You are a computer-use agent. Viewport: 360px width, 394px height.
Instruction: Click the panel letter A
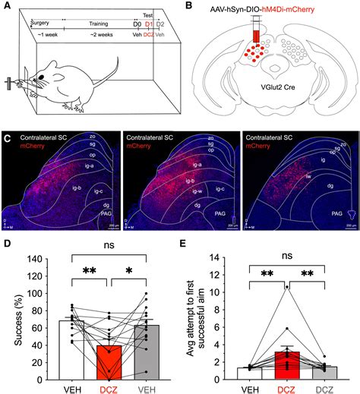coord(6,7)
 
